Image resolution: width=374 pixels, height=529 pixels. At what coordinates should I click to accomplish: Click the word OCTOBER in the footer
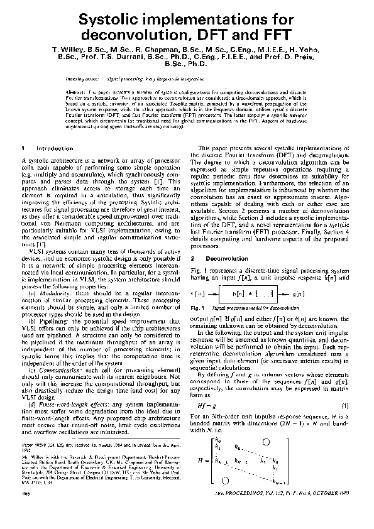pos(337,513)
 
